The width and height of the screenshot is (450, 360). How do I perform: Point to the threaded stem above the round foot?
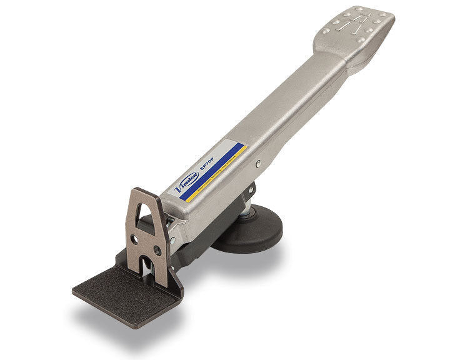tap(246, 214)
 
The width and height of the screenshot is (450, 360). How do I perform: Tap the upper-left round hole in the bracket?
tap(132, 239)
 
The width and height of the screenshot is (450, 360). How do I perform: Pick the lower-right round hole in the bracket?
tap(157, 250)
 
